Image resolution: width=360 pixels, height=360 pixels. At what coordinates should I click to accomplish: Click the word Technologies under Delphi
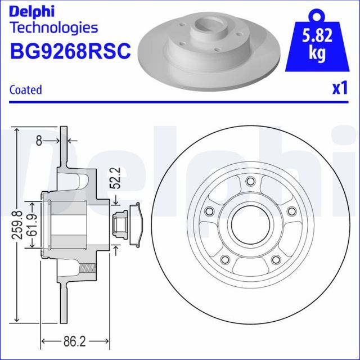click(54, 27)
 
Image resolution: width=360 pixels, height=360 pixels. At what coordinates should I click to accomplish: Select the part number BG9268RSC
click(70, 51)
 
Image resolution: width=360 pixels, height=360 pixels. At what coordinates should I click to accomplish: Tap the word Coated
click(26, 89)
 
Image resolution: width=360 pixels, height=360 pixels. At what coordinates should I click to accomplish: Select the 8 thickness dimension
click(38, 141)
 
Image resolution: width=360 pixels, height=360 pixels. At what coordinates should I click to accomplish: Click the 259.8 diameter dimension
click(19, 224)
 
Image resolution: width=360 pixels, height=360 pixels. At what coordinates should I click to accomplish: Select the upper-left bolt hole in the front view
click(209, 211)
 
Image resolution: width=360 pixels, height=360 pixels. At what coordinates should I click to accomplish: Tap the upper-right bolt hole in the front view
click(291, 211)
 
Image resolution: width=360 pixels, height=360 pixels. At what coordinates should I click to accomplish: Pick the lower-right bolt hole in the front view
click(276, 259)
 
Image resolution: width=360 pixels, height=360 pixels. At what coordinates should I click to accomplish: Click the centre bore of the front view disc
click(250, 224)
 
